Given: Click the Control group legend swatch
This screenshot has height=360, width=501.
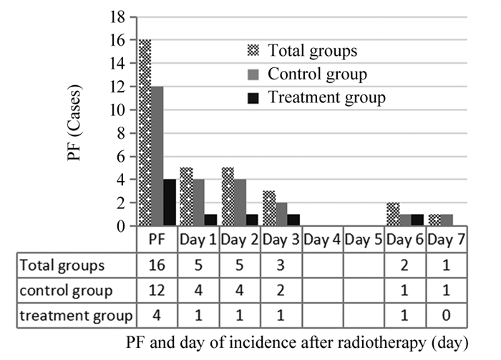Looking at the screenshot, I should tap(250, 74).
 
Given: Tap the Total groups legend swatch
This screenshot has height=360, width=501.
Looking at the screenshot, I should tap(250, 51).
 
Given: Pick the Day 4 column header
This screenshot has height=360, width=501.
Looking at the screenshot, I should tap(322, 239).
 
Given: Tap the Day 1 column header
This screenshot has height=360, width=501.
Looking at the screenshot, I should tap(198, 239).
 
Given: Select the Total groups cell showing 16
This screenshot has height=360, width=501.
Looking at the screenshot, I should tap(157, 266).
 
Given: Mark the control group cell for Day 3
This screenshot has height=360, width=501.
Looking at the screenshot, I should tap(281, 291).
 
